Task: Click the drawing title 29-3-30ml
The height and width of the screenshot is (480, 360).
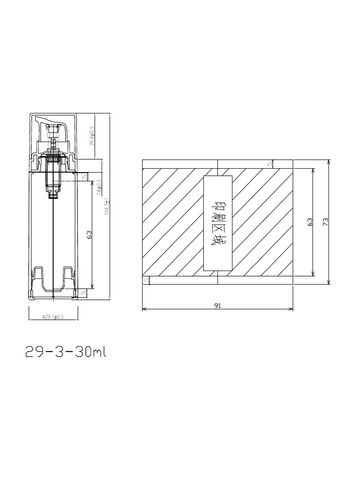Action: click(66, 352)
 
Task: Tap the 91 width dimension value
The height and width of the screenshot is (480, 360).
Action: click(217, 305)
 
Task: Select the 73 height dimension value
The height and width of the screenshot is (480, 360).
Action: click(325, 222)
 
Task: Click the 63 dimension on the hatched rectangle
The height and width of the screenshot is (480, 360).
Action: click(309, 222)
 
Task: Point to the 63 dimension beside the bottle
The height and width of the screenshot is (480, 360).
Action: click(89, 234)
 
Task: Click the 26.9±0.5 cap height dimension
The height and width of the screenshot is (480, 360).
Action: click(92, 136)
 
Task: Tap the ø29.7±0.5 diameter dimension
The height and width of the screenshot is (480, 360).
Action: click(53, 317)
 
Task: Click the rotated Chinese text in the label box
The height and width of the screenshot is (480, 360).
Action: click(217, 224)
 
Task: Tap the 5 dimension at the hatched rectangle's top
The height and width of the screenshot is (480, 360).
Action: click(269, 164)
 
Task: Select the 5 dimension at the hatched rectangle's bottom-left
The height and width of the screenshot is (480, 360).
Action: click(145, 280)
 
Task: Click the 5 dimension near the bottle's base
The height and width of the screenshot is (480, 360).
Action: click(84, 293)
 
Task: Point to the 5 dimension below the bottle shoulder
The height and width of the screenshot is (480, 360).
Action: click(84, 177)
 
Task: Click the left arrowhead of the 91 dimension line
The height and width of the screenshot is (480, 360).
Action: click(143, 309)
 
